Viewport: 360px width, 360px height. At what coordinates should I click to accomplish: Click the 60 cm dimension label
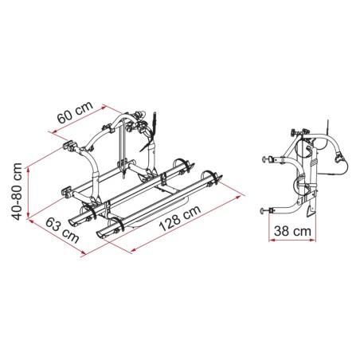[x=75, y=112]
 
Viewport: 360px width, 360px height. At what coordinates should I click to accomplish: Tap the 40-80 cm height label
[x=17, y=191]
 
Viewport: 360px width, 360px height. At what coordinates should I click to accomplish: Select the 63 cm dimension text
[x=62, y=230]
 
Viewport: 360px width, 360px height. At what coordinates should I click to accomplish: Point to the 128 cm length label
[x=179, y=217]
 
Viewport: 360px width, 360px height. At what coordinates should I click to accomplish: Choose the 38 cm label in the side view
[x=292, y=231]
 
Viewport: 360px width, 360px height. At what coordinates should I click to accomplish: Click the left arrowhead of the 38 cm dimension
[x=272, y=241]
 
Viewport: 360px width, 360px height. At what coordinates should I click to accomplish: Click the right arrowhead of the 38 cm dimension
[x=313, y=241]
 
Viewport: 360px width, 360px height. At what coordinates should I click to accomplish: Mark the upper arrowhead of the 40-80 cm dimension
[x=27, y=170]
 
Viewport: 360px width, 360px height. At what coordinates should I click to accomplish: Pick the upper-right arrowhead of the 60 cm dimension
[x=104, y=108]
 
